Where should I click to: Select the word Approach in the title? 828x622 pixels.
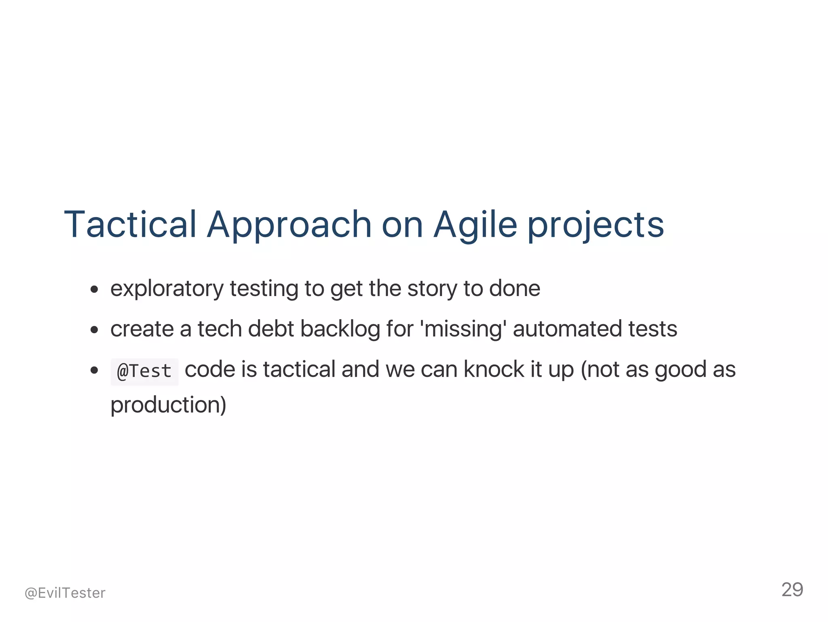tap(289, 225)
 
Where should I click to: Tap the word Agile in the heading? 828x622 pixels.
tap(475, 225)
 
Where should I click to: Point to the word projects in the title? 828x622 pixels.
tap(596, 225)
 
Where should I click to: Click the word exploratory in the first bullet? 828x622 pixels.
tap(167, 289)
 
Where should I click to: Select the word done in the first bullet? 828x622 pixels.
tap(514, 289)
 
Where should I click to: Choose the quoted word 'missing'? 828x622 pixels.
tap(464, 329)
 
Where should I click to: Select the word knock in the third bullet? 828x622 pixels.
tap(493, 370)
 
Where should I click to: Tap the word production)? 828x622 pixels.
tap(168, 405)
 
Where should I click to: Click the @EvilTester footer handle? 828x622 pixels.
tap(65, 593)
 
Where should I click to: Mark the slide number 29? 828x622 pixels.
tap(792, 590)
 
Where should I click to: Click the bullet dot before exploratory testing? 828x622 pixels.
tap(95, 290)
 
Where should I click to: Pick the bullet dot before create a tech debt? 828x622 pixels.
tap(95, 330)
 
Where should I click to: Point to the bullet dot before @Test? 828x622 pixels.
tap(95, 370)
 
